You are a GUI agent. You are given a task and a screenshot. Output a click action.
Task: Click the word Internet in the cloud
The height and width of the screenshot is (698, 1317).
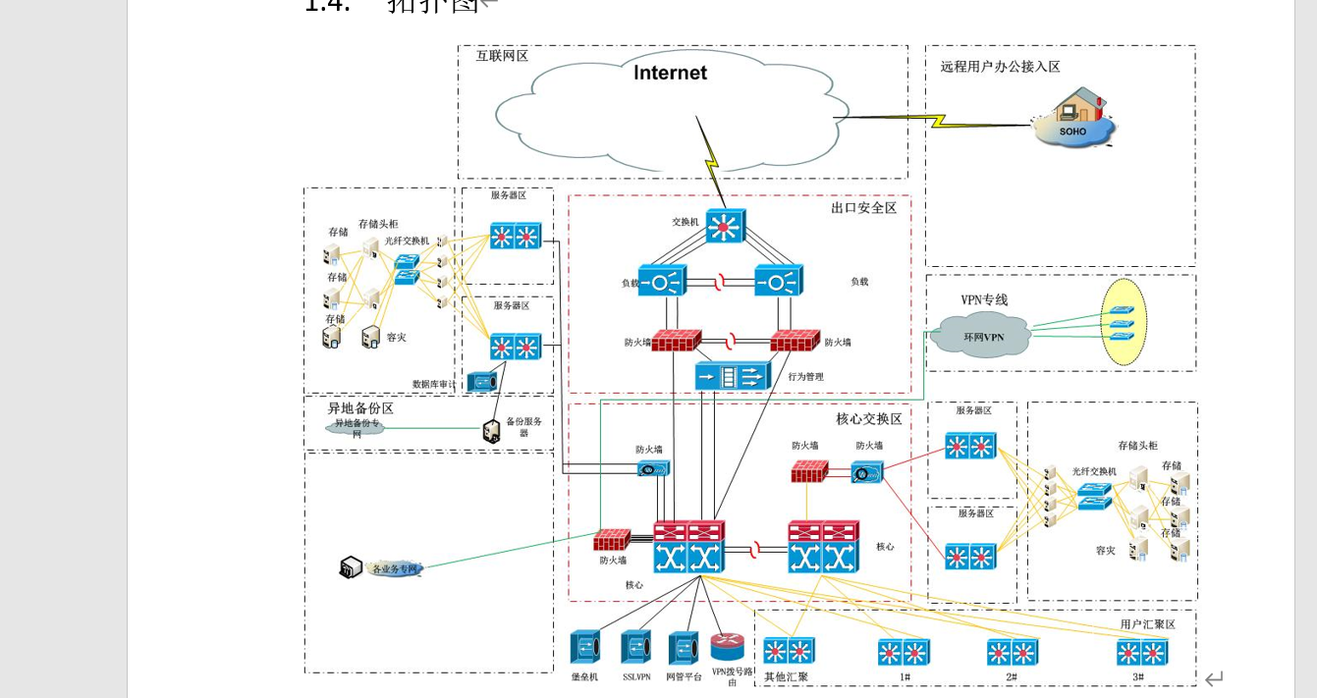tap(670, 73)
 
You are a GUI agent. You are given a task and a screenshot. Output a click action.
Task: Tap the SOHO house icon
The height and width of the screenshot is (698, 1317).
tap(1073, 118)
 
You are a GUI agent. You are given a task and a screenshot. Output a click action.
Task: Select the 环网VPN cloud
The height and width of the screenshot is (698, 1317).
tap(982, 336)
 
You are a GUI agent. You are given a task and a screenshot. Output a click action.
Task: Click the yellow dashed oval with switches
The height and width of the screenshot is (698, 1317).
tap(1124, 323)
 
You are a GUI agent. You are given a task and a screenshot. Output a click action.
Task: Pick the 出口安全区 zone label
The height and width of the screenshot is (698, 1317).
tap(863, 208)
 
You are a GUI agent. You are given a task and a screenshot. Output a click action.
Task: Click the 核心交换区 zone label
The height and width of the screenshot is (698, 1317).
tap(868, 419)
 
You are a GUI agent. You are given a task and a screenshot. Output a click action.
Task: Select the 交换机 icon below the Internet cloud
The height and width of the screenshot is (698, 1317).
tap(726, 227)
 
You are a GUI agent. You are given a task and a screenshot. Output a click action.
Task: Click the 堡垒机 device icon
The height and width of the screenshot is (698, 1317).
tap(585, 648)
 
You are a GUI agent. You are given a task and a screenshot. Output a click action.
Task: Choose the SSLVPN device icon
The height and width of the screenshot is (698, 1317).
tap(636, 648)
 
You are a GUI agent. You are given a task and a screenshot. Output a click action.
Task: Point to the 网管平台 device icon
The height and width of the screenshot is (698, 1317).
tap(684, 648)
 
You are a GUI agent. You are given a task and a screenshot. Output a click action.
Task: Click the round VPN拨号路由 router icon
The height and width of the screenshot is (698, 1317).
tap(728, 646)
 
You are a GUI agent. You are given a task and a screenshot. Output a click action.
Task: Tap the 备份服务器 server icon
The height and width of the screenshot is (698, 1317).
tap(492, 431)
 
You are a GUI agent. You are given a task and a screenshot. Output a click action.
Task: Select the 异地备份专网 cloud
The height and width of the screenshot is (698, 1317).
tap(357, 427)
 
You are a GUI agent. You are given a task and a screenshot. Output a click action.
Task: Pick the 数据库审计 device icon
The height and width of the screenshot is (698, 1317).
tap(482, 382)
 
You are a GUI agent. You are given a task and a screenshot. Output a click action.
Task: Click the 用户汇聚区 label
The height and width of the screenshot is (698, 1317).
tap(1147, 624)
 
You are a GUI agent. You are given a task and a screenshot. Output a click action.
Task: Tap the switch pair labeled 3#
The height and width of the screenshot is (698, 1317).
tap(1141, 653)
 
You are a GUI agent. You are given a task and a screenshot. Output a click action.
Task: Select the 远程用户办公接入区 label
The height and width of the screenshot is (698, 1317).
tap(1000, 67)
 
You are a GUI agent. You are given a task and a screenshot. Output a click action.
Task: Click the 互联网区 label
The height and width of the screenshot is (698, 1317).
tap(502, 56)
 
